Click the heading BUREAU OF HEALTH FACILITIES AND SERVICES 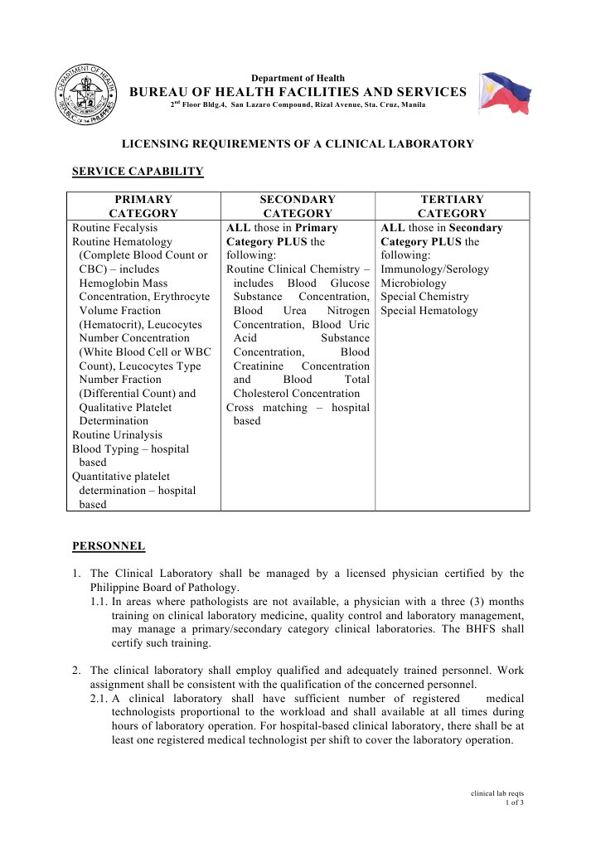tap(298, 92)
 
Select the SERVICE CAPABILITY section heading tap(138, 172)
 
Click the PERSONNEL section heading tap(109, 545)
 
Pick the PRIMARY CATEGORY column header tap(143, 206)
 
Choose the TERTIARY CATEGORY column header tap(452, 206)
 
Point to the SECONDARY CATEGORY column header tap(298, 206)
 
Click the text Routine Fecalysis tap(114, 227)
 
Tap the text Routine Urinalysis tap(117, 434)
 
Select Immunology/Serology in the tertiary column tap(434, 269)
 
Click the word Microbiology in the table tap(414, 283)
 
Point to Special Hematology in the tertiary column tap(429, 311)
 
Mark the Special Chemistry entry tap(424, 297)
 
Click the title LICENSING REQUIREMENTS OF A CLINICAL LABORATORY tap(298, 143)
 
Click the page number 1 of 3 tap(514, 802)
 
